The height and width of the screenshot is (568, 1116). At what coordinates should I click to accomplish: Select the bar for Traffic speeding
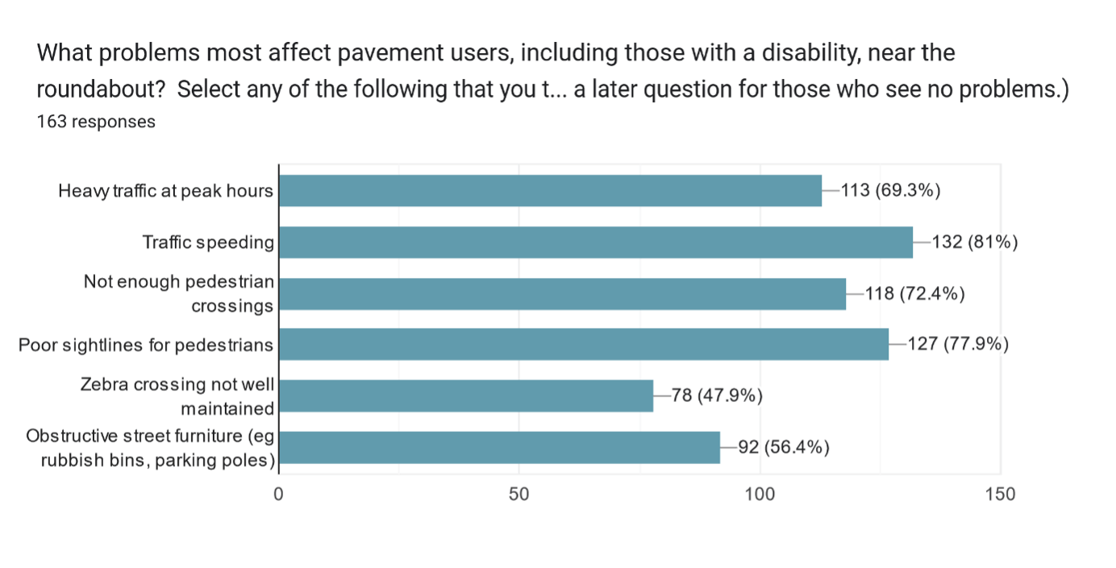(596, 242)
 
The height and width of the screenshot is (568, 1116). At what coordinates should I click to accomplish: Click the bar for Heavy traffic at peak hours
(551, 191)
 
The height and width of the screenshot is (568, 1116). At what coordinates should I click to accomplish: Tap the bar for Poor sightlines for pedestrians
(584, 344)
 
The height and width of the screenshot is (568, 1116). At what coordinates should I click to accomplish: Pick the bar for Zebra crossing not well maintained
(466, 396)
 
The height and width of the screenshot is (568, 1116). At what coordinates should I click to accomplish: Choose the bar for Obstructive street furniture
(499, 447)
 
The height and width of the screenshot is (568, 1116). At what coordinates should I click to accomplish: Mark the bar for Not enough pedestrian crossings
(563, 293)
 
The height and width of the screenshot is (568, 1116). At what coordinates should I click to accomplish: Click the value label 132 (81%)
(974, 242)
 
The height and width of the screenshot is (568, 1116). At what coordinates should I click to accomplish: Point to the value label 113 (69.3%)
(890, 191)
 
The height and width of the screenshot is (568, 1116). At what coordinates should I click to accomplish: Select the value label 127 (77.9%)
(958, 344)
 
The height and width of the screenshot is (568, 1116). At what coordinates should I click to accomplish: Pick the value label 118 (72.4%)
(914, 293)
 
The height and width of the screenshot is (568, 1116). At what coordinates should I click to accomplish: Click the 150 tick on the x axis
(1000, 494)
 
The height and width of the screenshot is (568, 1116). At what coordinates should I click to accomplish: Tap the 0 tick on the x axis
(279, 494)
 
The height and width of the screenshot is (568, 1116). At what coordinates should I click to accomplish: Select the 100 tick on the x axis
(760, 494)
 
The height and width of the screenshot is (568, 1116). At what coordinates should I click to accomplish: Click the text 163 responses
(96, 122)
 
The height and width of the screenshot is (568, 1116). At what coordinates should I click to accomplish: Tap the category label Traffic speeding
(208, 242)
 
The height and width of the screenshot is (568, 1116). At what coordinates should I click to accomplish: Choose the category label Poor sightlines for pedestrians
(146, 345)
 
